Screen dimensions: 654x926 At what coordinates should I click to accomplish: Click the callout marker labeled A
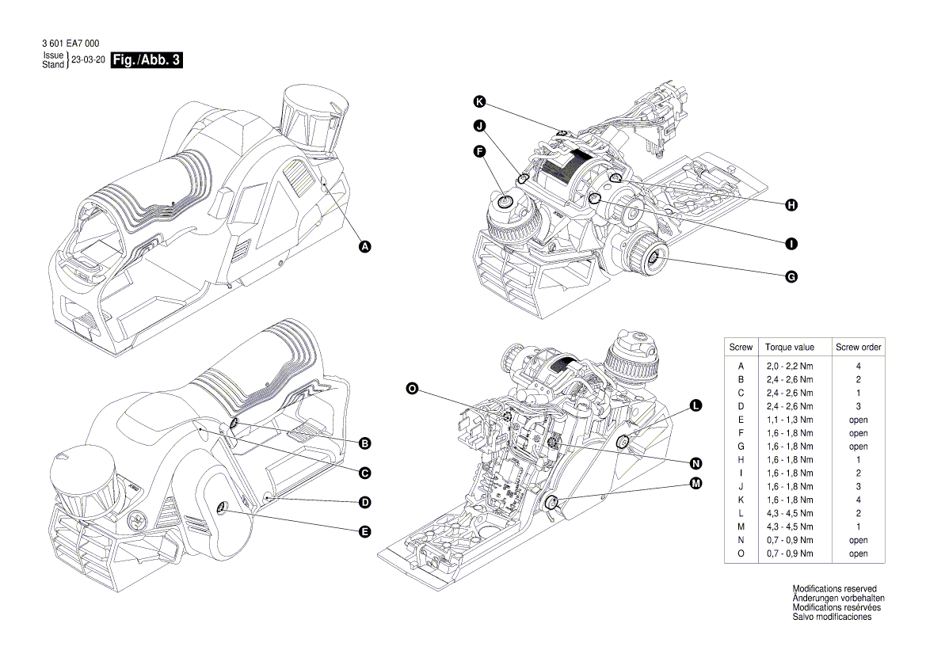pos(365,247)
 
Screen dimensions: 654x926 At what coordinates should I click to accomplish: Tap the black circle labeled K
pos(479,101)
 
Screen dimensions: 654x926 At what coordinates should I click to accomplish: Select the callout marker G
pos(791,276)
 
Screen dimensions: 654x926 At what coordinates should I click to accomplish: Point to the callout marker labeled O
pos(412,388)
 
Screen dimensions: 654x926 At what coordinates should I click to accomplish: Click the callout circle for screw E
pos(365,532)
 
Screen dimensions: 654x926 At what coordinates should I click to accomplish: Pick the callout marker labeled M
pos(695,484)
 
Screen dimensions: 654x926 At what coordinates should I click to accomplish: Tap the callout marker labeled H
pos(791,205)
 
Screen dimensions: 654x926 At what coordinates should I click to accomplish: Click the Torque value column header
pos(789,348)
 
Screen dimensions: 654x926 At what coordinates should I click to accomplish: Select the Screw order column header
pos(858,348)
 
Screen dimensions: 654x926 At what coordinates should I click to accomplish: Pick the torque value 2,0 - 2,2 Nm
pos(789,367)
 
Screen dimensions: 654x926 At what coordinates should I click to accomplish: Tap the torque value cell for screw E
pos(789,420)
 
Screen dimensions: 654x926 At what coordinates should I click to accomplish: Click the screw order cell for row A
pos(858,367)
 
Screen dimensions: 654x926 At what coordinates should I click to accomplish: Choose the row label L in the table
pos(741,513)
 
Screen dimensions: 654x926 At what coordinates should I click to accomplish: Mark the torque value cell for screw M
pos(789,527)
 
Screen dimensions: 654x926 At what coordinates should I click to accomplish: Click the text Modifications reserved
pos(834,589)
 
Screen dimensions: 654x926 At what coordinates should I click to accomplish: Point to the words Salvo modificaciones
pos(832,617)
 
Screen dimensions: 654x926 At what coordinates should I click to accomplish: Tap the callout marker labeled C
pos(365,473)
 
